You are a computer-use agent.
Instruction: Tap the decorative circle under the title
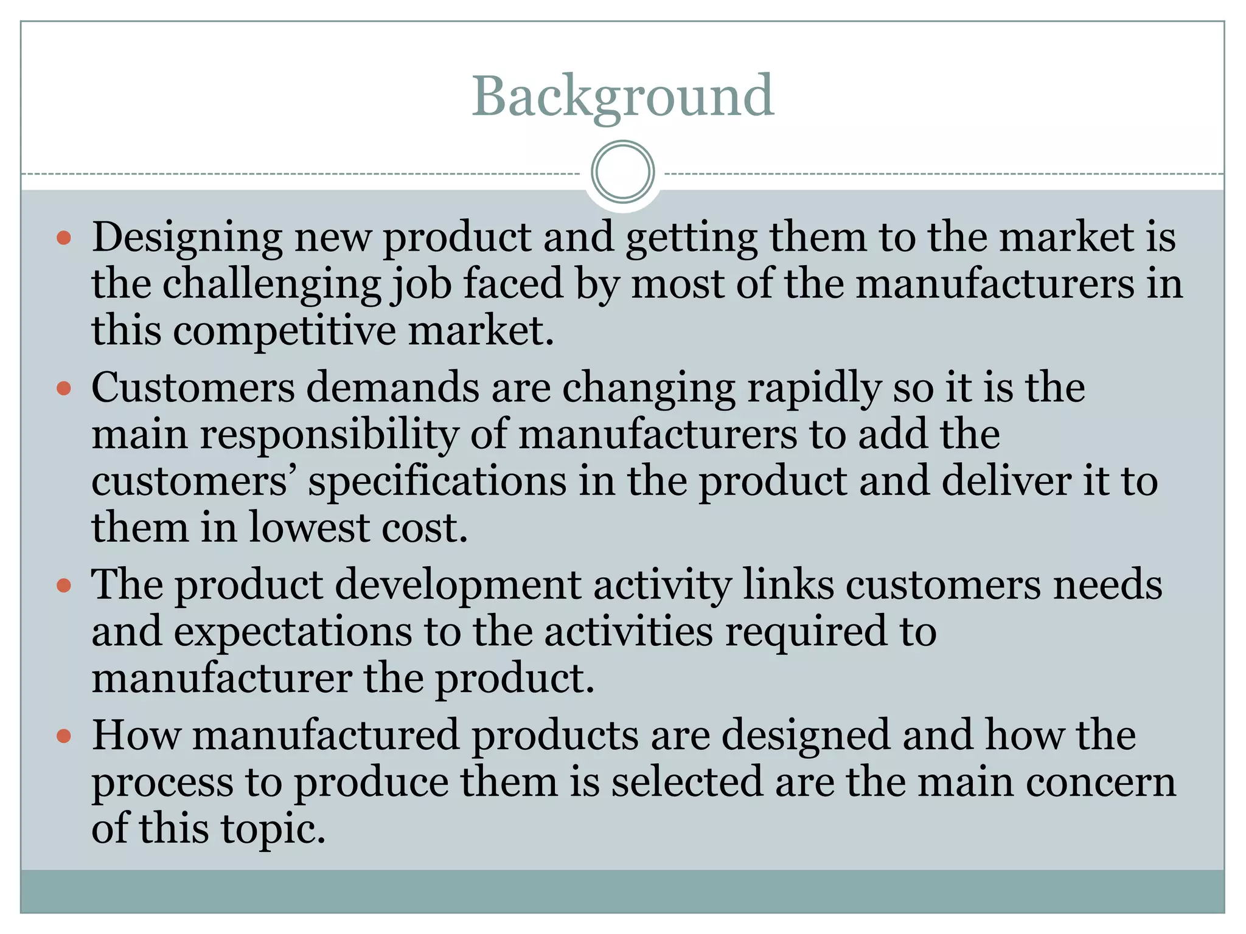622,172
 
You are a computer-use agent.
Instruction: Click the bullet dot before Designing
64,237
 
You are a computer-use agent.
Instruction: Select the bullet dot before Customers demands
64,387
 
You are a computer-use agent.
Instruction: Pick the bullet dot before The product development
64,586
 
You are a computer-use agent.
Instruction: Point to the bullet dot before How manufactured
64,736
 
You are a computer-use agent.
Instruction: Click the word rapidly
813,389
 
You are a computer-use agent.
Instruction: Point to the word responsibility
329,435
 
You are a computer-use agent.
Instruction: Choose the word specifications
437,482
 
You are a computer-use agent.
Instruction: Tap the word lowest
308,527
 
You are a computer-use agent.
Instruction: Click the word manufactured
325,736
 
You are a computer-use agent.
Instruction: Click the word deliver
1006,481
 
